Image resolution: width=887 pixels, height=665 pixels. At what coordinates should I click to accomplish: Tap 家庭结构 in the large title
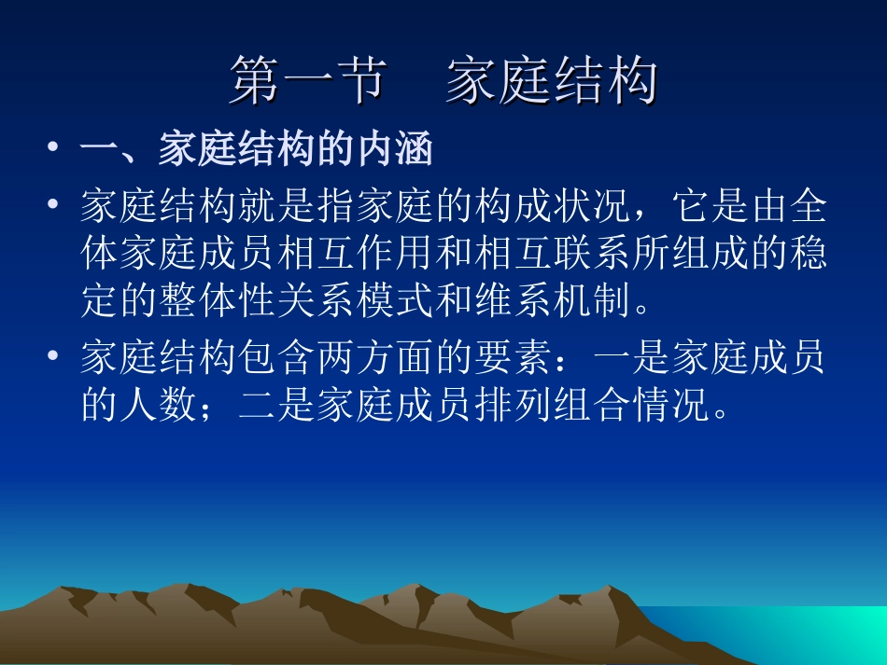coord(551,82)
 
